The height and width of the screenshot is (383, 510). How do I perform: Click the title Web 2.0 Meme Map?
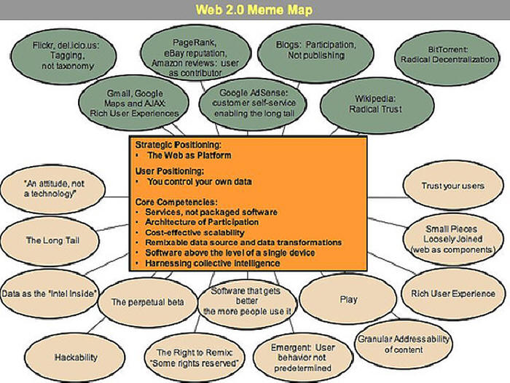click(254, 10)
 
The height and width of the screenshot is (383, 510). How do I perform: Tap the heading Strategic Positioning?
click(178, 144)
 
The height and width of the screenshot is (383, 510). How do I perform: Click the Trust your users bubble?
click(452, 186)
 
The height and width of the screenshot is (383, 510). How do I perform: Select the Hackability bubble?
click(76, 357)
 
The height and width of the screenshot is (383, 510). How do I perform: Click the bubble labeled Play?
click(348, 299)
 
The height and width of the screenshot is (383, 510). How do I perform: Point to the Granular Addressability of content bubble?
click(403, 344)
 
